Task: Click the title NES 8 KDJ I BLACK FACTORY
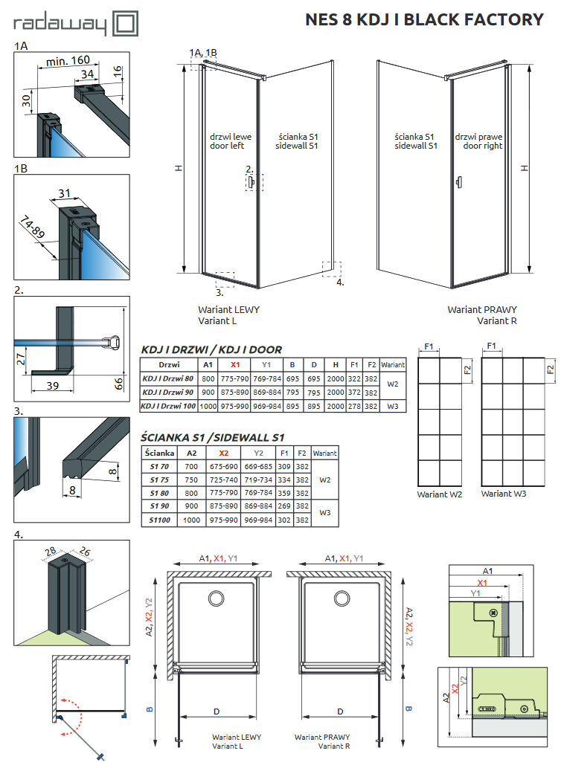pyautogui.click(x=424, y=20)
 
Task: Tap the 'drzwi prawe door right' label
pyautogui.click(x=478, y=141)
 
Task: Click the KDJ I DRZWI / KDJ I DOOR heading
pyautogui.click(x=211, y=349)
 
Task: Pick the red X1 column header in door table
pyautogui.click(x=236, y=365)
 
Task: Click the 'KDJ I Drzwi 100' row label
pyautogui.click(x=168, y=406)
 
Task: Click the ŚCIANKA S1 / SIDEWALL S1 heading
pyautogui.click(x=212, y=438)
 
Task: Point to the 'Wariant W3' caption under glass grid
pyautogui.click(x=504, y=494)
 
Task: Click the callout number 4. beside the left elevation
pyautogui.click(x=340, y=283)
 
